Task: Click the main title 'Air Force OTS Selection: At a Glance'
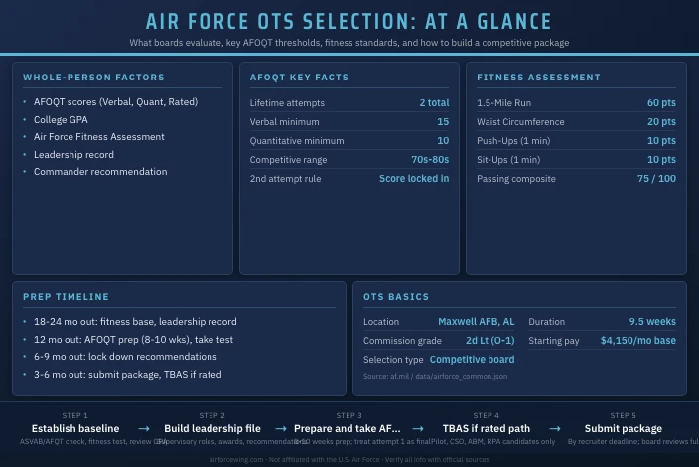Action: click(x=349, y=22)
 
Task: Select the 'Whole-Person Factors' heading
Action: click(x=93, y=78)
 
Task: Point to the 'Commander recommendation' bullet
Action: click(x=100, y=172)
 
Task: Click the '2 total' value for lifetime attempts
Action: click(x=434, y=103)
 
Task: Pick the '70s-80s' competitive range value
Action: click(x=430, y=160)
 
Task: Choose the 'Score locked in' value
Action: click(x=414, y=179)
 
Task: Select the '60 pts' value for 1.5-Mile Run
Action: click(x=661, y=103)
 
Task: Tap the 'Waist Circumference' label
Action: click(x=520, y=122)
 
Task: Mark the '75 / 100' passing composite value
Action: click(x=656, y=179)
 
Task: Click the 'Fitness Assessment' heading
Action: click(x=538, y=78)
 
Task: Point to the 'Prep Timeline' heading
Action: click(x=66, y=297)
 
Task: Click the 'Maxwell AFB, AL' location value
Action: click(x=476, y=322)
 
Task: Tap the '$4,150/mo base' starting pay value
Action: click(x=637, y=341)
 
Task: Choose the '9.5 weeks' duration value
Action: click(x=652, y=322)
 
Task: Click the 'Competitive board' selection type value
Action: click(x=472, y=360)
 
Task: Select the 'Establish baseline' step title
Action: click(x=75, y=429)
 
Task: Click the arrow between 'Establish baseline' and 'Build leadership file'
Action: click(x=144, y=429)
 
